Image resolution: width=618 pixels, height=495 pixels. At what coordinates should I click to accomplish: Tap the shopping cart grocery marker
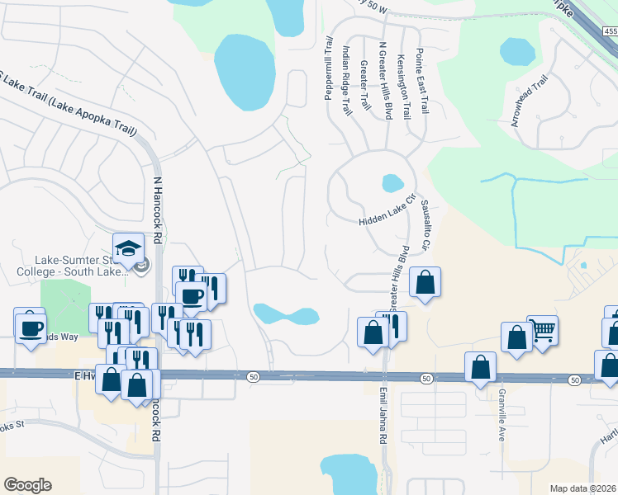click(x=542, y=331)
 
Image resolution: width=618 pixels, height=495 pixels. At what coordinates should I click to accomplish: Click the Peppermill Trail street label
click(x=328, y=68)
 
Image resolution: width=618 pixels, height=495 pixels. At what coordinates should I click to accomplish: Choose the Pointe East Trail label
click(x=423, y=80)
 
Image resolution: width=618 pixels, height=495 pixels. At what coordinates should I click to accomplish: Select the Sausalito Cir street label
click(x=425, y=224)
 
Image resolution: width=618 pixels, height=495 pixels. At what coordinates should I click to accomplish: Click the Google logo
click(x=27, y=485)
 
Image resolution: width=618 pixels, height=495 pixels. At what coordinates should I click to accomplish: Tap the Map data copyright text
click(x=583, y=488)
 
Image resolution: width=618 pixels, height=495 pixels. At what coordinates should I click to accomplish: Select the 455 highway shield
click(x=610, y=31)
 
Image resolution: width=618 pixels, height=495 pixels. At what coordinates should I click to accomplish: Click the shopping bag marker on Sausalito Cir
click(x=425, y=283)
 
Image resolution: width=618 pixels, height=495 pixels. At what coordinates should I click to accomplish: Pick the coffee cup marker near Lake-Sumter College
click(x=192, y=295)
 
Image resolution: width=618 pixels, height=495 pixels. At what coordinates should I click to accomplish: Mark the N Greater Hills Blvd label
click(x=384, y=81)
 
